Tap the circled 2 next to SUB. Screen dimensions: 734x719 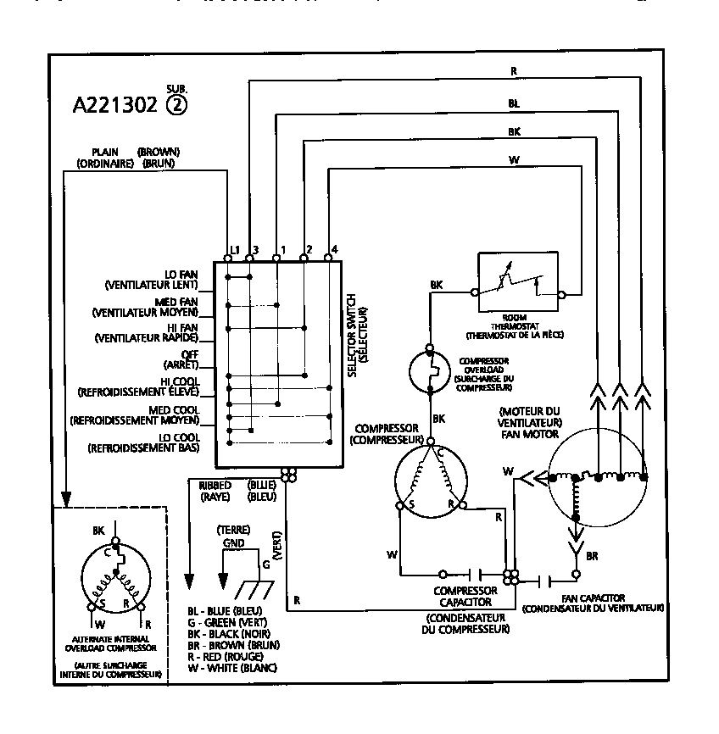coord(177,104)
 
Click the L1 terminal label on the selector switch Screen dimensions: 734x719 coord(235,250)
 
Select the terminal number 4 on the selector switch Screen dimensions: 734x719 coord(335,248)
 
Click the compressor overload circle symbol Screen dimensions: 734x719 coord(430,369)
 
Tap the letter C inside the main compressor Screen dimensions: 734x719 coord(441,454)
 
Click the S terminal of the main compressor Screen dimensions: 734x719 coord(410,503)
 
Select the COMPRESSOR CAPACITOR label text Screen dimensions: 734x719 coord(465,596)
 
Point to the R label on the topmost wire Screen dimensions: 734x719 coord(514,72)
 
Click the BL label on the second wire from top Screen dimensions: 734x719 coord(514,103)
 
